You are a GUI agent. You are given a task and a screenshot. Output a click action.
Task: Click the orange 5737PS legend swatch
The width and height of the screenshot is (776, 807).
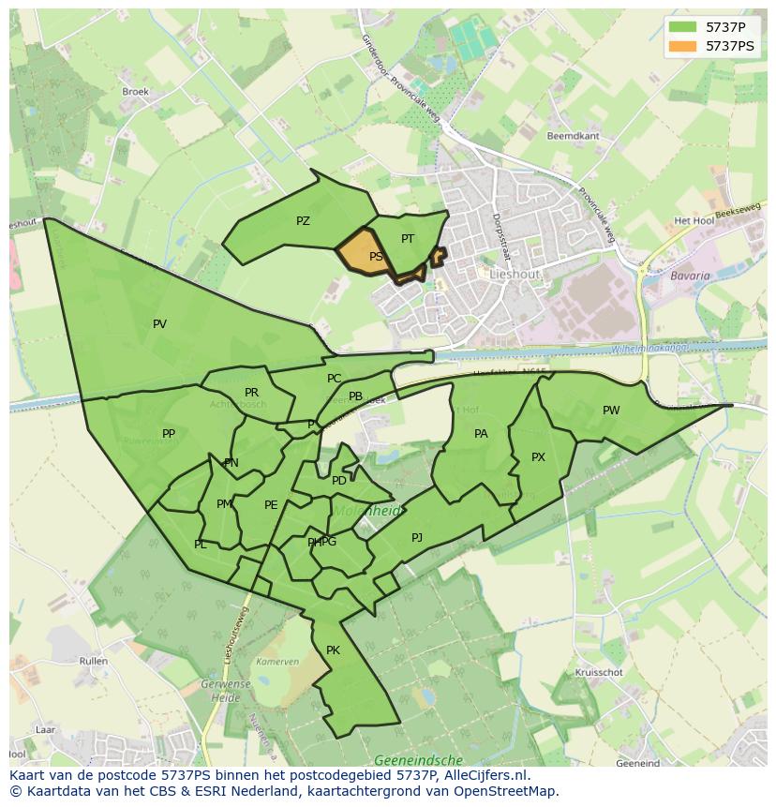(x=681, y=45)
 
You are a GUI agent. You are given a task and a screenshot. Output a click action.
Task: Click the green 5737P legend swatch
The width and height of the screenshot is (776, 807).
(x=681, y=26)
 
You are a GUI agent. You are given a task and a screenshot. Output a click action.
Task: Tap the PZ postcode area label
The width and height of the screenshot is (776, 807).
(x=303, y=221)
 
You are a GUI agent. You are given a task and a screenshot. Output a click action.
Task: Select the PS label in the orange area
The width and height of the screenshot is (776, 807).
(x=376, y=256)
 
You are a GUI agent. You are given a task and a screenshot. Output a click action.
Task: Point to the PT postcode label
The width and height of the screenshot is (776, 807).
(x=408, y=239)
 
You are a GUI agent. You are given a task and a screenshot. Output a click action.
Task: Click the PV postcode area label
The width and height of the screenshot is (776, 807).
(x=159, y=324)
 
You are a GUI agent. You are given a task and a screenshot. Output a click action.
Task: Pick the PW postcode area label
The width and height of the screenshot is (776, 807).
(x=611, y=411)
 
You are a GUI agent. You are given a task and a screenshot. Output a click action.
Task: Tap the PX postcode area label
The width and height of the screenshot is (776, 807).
(x=538, y=457)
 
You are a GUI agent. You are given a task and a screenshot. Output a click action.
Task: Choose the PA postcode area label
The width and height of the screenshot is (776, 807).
(x=481, y=434)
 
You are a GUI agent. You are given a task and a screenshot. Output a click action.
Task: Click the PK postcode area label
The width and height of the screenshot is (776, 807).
(x=333, y=650)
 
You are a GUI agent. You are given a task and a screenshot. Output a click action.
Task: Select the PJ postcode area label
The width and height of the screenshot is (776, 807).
(x=417, y=538)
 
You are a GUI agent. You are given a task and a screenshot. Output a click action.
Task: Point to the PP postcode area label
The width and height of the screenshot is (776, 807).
(x=169, y=434)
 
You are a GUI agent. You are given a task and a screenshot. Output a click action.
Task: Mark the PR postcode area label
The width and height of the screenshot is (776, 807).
(x=251, y=393)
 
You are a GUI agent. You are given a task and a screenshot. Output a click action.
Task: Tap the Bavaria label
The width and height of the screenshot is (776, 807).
(x=690, y=276)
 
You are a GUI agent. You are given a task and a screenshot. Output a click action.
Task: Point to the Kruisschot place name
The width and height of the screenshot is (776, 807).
(x=599, y=673)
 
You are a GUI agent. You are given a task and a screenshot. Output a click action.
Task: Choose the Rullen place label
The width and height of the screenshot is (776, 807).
(x=94, y=662)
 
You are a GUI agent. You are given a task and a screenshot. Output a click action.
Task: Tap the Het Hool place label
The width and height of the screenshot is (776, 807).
(x=694, y=221)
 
